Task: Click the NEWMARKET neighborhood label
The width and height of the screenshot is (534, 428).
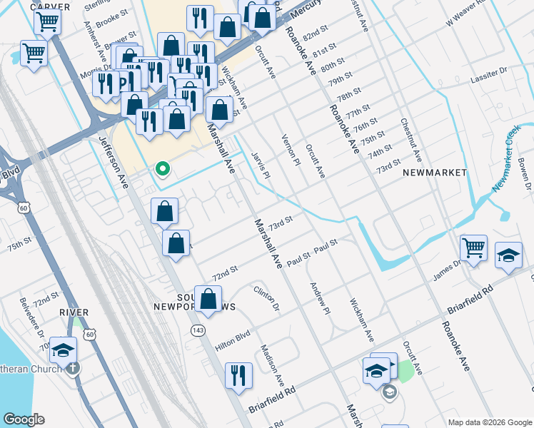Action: [x=434, y=173]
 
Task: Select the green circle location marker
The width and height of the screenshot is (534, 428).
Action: [x=163, y=169]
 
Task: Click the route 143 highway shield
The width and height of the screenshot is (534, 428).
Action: [x=198, y=330]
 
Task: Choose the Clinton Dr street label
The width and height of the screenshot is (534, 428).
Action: [x=266, y=299]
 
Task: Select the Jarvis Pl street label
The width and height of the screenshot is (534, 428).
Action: [x=261, y=165]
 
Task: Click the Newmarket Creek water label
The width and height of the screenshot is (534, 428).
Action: [x=510, y=160]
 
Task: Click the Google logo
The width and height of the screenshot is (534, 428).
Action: [x=24, y=419]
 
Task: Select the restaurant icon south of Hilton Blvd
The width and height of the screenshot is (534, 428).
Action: [x=238, y=376]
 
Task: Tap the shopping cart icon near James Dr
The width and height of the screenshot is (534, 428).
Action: [x=473, y=248]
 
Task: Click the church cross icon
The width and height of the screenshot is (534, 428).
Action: [x=73, y=367]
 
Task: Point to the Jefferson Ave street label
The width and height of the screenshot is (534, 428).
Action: [x=114, y=162]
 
